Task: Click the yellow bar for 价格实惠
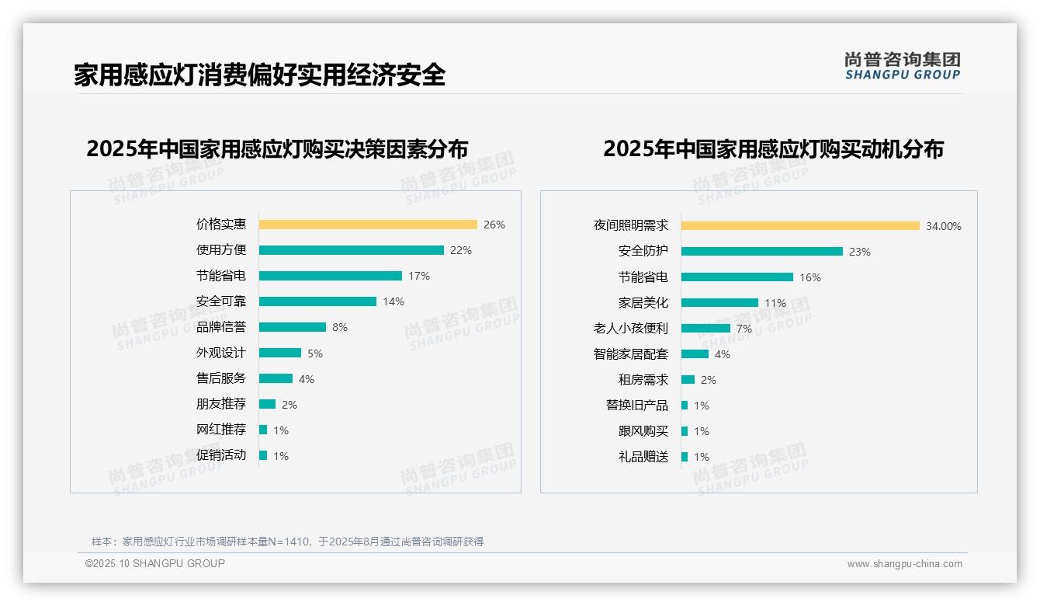368,225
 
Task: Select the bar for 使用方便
351,250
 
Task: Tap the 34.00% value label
943,226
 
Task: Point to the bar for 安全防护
761,252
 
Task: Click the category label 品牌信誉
220,327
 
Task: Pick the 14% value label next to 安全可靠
393,301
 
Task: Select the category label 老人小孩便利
630,329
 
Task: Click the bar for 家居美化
719,303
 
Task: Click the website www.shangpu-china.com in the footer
904,564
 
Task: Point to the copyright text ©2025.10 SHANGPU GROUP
155,563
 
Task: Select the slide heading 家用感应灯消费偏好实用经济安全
259,75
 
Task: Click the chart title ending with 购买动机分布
773,149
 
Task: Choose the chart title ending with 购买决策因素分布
277,149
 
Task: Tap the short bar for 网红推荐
263,430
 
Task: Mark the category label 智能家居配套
630,354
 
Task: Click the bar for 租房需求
688,380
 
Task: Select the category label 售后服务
220,378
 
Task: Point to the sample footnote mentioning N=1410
287,542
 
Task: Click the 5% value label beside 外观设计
314,353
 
